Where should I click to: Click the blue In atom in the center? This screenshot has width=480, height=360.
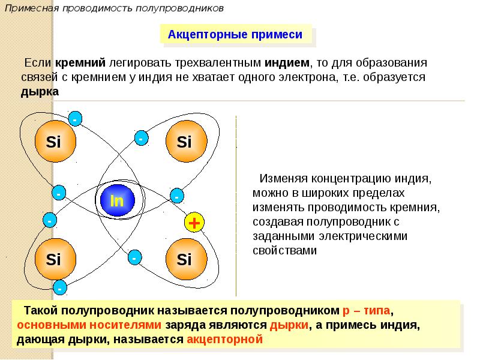(x=117, y=200)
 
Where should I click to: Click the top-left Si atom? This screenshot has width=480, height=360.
(x=53, y=142)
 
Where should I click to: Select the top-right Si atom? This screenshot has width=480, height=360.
(x=184, y=142)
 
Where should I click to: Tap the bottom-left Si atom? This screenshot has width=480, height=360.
(x=53, y=260)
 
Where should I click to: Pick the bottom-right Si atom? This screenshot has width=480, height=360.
(x=184, y=260)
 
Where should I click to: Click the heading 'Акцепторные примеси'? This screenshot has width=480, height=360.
(x=235, y=35)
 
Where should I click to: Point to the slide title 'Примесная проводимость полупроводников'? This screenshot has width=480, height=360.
(x=113, y=9)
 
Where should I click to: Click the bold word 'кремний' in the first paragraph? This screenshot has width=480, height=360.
(x=81, y=62)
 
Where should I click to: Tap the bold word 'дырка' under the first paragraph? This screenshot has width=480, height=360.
(x=40, y=92)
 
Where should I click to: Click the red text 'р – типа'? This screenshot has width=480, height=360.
(x=367, y=311)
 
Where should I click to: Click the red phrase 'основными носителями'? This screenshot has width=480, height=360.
(x=89, y=325)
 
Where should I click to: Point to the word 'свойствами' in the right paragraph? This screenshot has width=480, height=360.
(x=284, y=251)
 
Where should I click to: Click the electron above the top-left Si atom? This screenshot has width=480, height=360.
(x=74, y=119)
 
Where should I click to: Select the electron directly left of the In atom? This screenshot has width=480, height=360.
(x=58, y=194)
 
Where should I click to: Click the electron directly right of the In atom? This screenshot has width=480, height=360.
(x=177, y=196)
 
